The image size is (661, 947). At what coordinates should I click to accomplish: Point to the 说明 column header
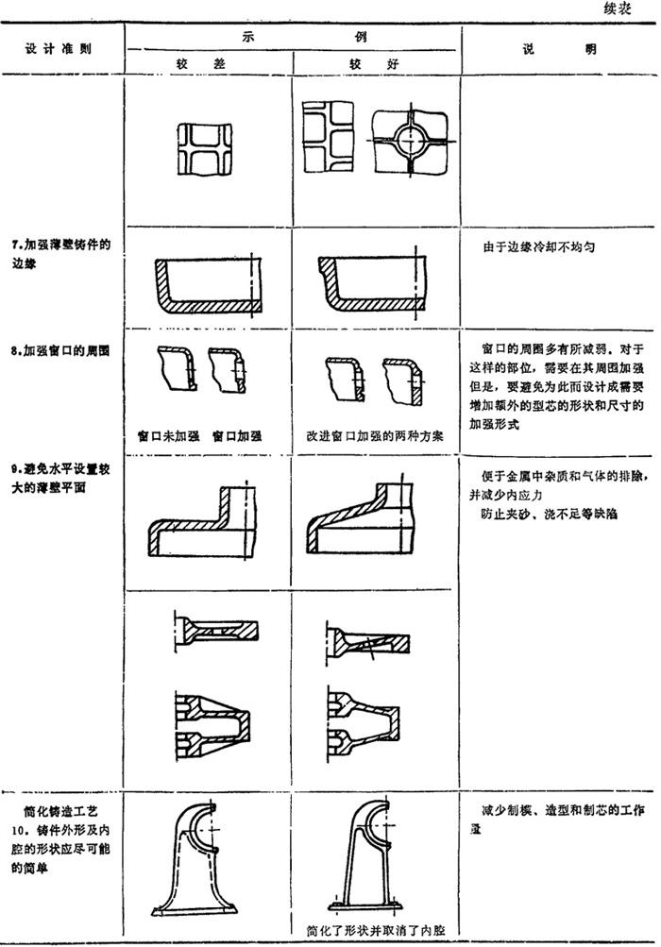click(558, 48)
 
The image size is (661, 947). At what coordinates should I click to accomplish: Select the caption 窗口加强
click(237, 435)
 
